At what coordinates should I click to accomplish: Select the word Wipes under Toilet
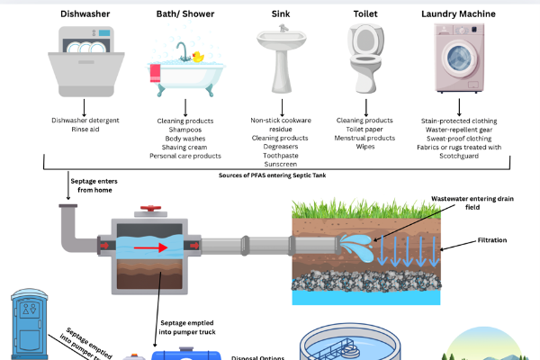coord(364,148)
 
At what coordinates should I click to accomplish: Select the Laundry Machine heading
coord(458,14)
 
